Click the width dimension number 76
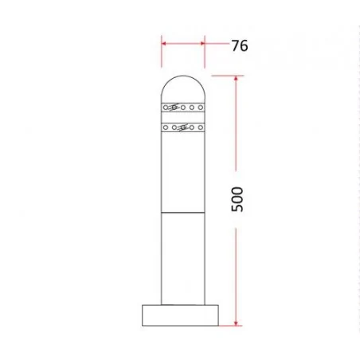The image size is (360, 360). tap(239, 45)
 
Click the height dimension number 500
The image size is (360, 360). tap(237, 199)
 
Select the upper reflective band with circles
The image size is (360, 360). tap(182, 106)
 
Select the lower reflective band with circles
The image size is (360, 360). tap(182, 127)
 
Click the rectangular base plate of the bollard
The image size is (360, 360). tap(182, 315)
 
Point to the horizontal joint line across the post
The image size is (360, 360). tap(182, 213)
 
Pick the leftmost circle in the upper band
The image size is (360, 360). tap(165, 106)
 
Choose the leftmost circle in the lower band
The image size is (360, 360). tap(165, 127)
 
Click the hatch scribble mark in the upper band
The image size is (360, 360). tap(174, 106)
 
